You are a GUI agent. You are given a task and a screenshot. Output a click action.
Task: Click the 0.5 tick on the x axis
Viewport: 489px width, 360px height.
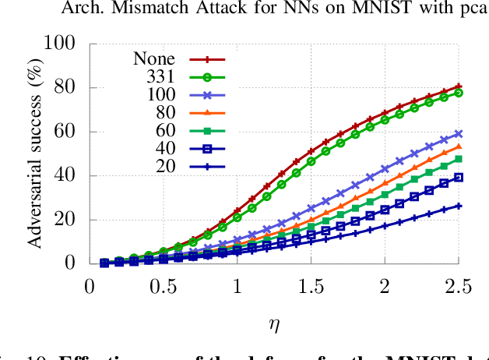coord(163,288)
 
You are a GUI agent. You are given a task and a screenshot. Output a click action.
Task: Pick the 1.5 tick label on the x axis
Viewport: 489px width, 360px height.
coord(310,288)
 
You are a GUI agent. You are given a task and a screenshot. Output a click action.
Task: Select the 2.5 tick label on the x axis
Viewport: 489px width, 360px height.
coord(458,288)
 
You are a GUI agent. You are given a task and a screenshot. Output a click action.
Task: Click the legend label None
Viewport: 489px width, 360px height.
coord(154,58)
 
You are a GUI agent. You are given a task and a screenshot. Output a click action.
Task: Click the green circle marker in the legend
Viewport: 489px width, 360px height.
coord(207,76)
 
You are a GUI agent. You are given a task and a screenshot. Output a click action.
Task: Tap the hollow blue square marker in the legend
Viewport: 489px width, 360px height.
coord(207,148)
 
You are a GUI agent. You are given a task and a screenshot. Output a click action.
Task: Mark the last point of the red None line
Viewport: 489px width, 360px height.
coord(459,86)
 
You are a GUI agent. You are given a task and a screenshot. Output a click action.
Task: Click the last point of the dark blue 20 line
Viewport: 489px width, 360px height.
coord(459,206)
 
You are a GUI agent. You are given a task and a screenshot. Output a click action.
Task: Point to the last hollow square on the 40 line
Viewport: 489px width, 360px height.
coord(459,177)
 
